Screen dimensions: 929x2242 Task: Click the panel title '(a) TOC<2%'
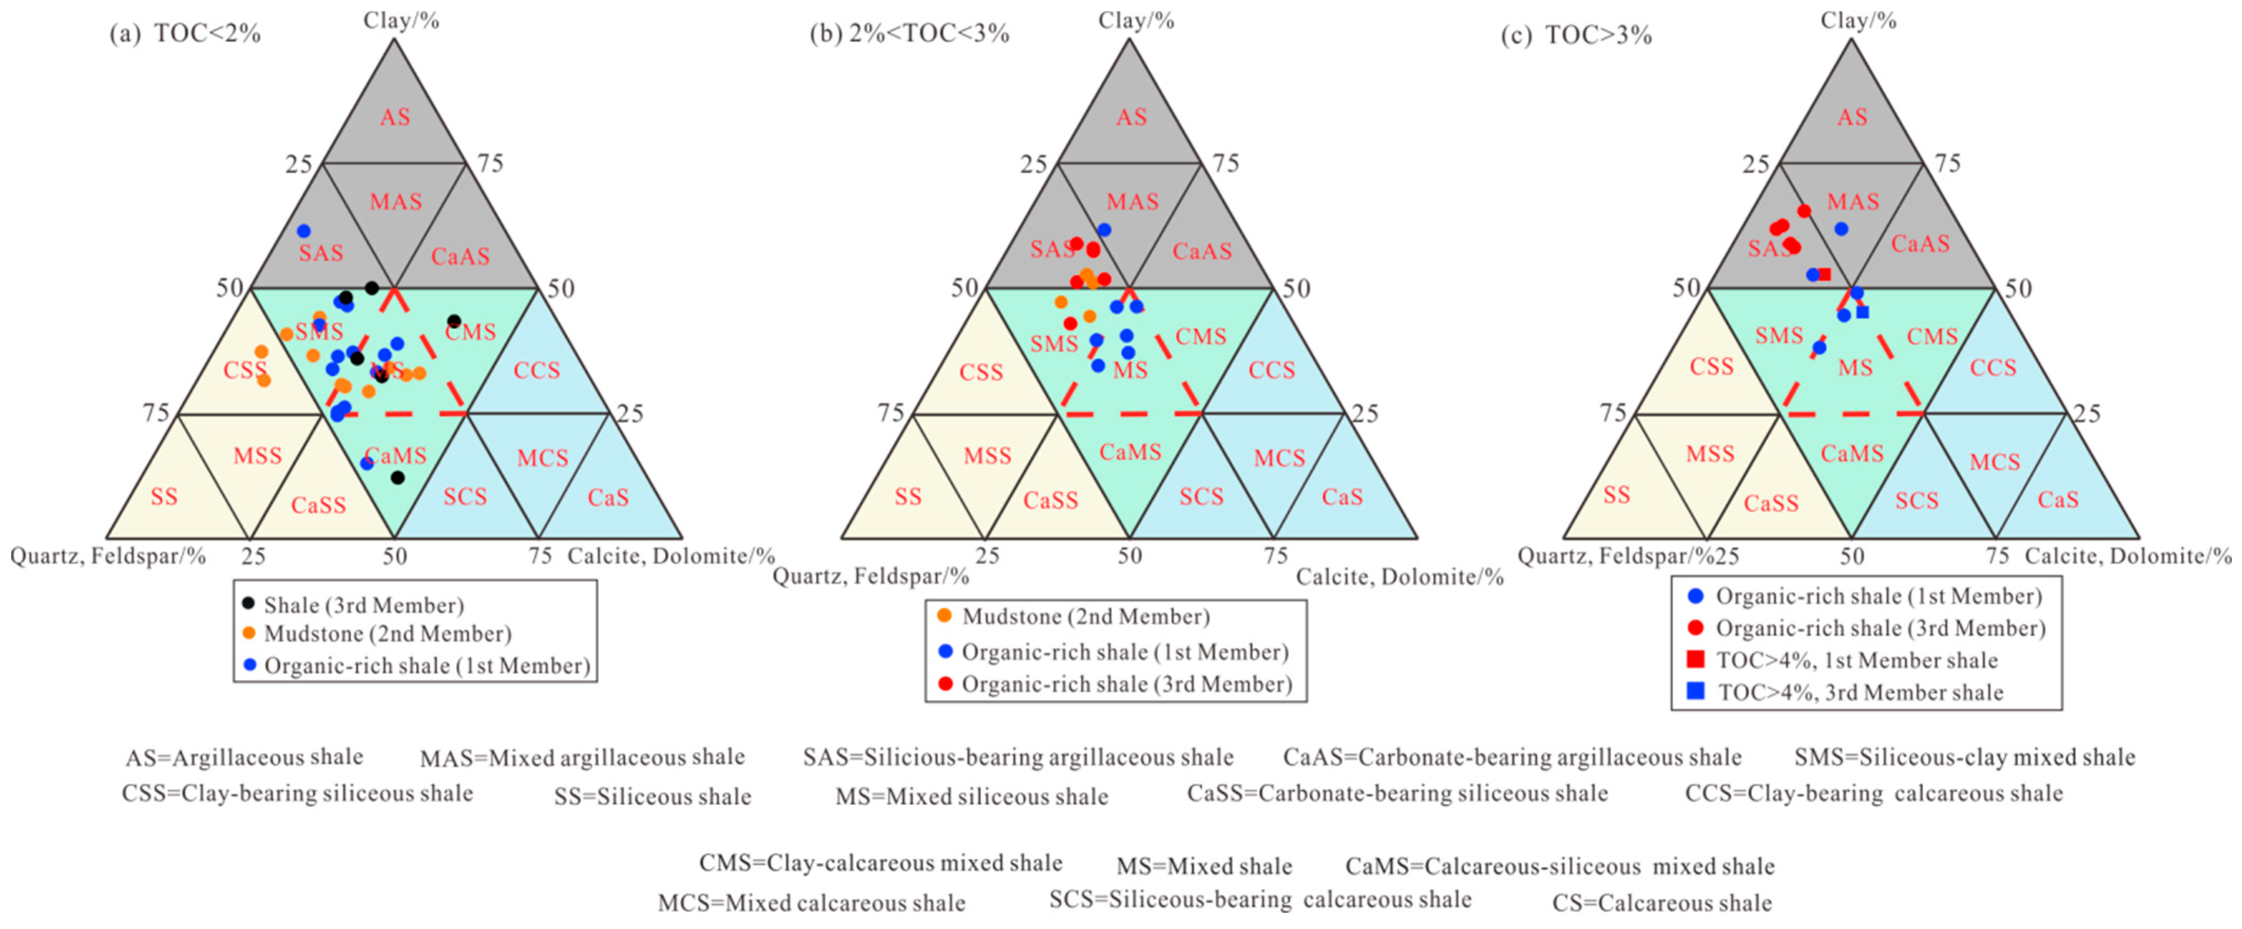coord(185,34)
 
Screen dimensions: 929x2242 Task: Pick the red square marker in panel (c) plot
coord(1825,274)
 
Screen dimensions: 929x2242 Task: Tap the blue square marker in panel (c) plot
coord(1862,312)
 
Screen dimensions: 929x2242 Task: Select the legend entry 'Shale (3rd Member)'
coord(363,605)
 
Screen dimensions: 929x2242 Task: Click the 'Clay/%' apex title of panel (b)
coord(1136,20)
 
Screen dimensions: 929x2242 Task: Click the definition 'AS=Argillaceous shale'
coord(245,757)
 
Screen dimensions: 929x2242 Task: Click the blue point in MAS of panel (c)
coord(1841,229)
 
